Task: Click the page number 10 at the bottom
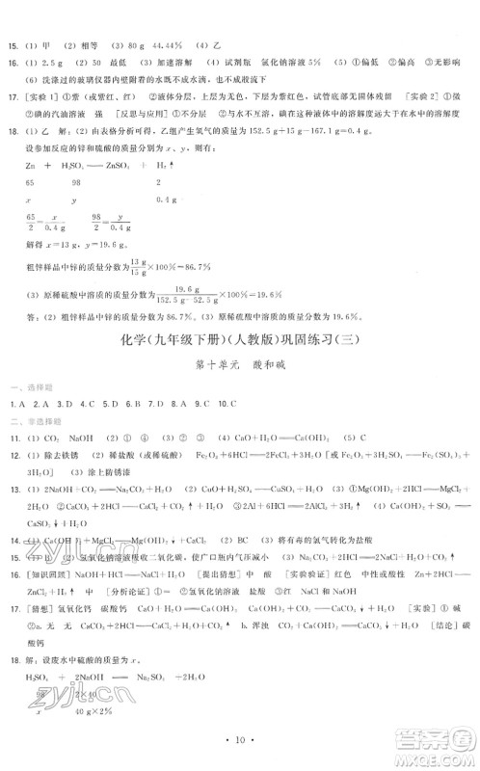click(x=239, y=740)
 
